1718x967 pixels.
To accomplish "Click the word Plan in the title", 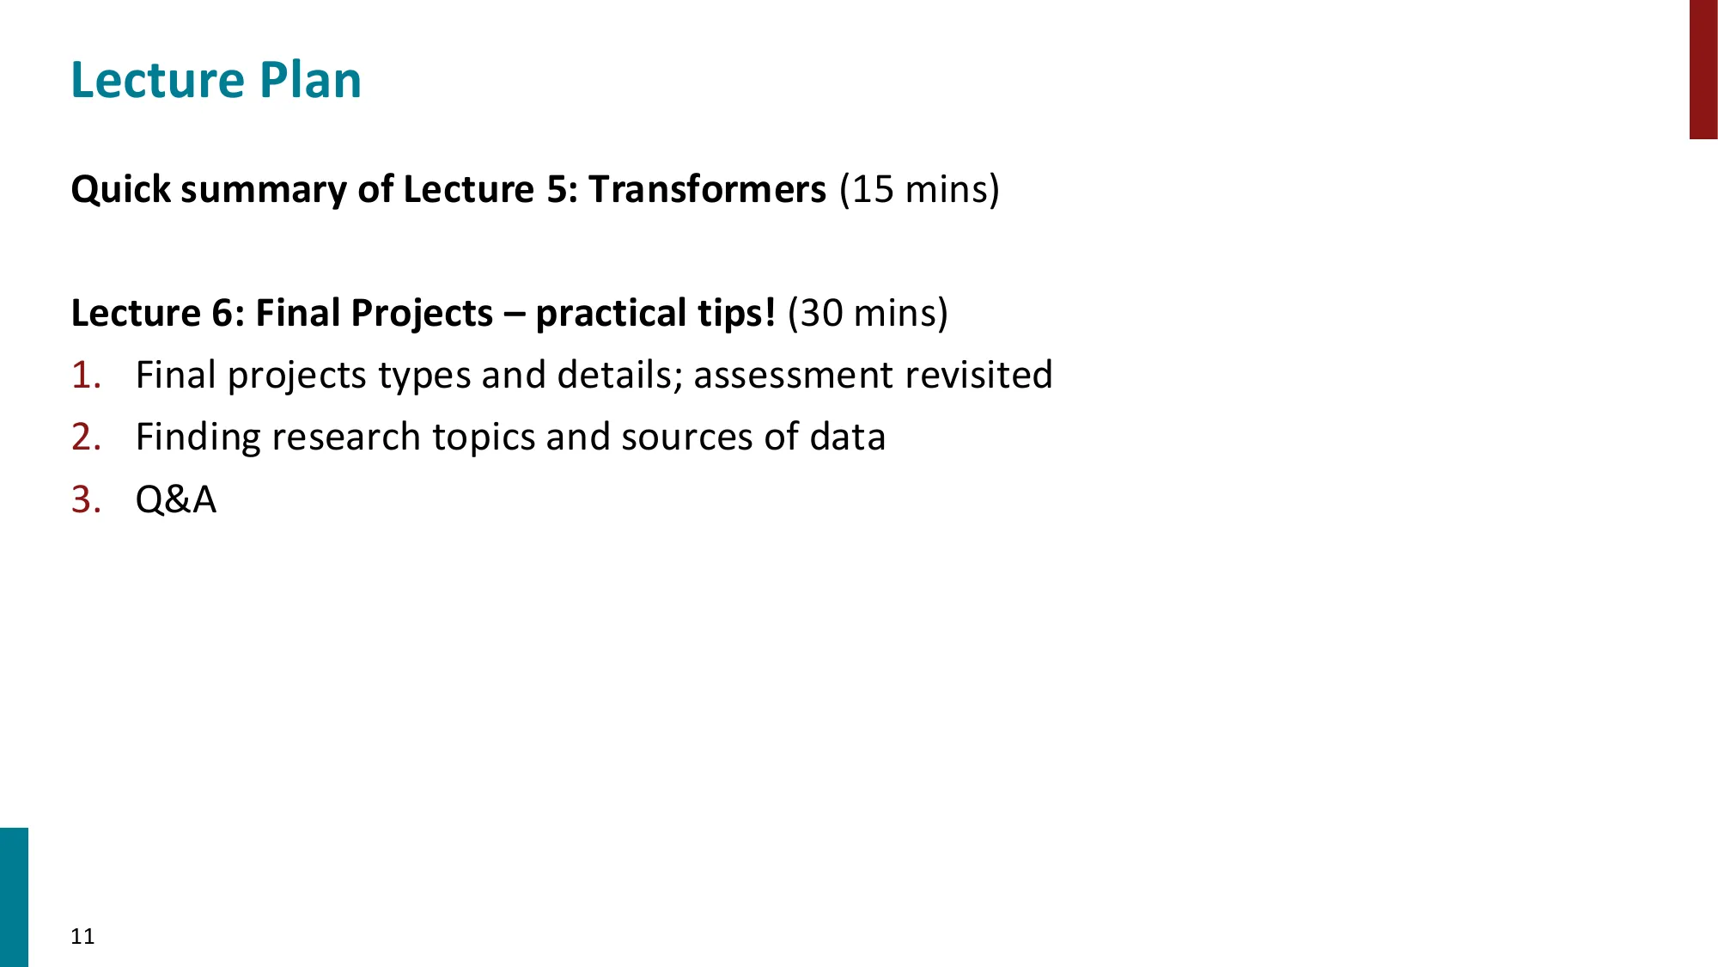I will pos(310,81).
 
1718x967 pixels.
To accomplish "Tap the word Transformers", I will pos(707,189).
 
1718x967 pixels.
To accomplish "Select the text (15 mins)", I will pos(919,189).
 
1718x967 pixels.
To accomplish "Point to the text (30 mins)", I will pos(868,313).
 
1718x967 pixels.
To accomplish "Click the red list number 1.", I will pos(86,376).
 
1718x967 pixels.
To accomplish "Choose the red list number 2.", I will pos(86,438).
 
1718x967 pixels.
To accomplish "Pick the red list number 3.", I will pos(86,499).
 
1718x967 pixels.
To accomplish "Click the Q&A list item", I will pos(176,499).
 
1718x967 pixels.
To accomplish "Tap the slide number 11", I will pos(82,936).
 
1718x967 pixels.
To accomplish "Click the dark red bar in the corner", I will pos(1703,69).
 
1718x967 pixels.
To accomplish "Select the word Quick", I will pos(121,189).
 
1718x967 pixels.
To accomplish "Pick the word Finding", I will pos(198,438).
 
